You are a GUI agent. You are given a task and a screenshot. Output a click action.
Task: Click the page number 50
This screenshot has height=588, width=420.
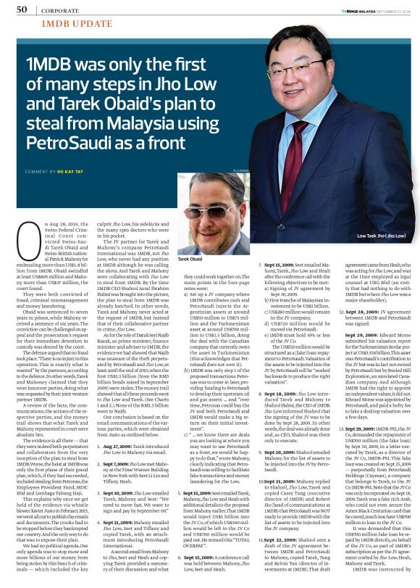coord(21,10)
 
